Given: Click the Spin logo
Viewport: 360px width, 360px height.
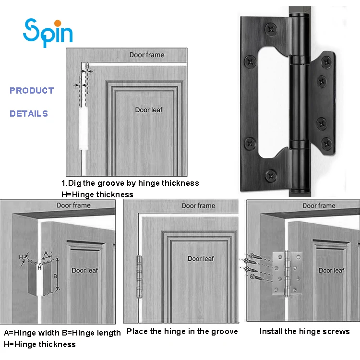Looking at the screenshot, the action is (x=48, y=32).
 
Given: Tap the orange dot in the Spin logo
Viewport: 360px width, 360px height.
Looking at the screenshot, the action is (x=57, y=23).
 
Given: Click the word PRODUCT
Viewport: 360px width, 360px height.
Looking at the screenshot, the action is (x=32, y=90).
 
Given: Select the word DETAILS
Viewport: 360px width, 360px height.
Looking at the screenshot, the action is (x=29, y=114).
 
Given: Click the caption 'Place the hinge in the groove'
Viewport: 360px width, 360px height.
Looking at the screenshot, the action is (x=182, y=331).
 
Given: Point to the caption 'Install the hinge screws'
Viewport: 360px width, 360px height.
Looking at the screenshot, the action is (x=305, y=331).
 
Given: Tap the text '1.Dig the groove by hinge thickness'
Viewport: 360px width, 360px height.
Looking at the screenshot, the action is (x=130, y=183).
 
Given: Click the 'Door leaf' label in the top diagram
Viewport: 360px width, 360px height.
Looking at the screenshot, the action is (x=149, y=110).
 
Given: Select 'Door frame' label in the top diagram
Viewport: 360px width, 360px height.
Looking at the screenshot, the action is (x=146, y=55).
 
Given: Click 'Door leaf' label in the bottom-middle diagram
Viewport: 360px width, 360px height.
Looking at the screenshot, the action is (x=201, y=259).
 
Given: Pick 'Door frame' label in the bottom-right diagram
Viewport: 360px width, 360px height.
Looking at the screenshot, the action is (x=319, y=205).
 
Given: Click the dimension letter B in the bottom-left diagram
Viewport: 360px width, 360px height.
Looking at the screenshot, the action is (x=55, y=276).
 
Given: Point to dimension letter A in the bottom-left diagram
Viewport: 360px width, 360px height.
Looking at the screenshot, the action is (x=46, y=253).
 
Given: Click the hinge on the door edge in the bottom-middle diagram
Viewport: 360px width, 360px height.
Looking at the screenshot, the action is (x=140, y=277).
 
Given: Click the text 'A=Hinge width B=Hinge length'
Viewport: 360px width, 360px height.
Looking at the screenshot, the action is (x=62, y=333).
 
